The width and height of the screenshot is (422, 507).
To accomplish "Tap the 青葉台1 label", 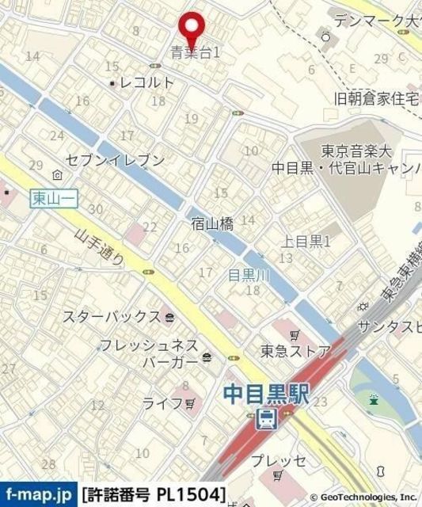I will [196, 54].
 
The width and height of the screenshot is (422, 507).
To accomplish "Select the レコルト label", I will [146, 82].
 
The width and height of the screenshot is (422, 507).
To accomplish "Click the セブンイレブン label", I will [116, 161].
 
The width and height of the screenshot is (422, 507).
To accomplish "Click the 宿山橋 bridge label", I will [212, 224].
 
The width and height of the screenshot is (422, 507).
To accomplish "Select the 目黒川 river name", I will [249, 276].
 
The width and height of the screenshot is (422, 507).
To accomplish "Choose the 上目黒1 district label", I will [306, 241].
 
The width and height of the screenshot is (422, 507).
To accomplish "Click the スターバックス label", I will [112, 317].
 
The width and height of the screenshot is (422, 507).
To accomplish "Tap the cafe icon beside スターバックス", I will [171, 318].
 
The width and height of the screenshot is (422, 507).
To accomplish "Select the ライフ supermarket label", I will [162, 403].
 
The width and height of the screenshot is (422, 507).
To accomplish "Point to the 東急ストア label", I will [296, 350].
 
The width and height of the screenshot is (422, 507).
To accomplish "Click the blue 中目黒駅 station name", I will [266, 392].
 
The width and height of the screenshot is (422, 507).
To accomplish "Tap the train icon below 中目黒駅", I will [267, 418].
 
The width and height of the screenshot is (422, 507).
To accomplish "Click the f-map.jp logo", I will [38, 493].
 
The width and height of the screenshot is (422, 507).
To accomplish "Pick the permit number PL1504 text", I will [155, 493].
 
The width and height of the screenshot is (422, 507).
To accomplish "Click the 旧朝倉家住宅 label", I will [376, 98].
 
